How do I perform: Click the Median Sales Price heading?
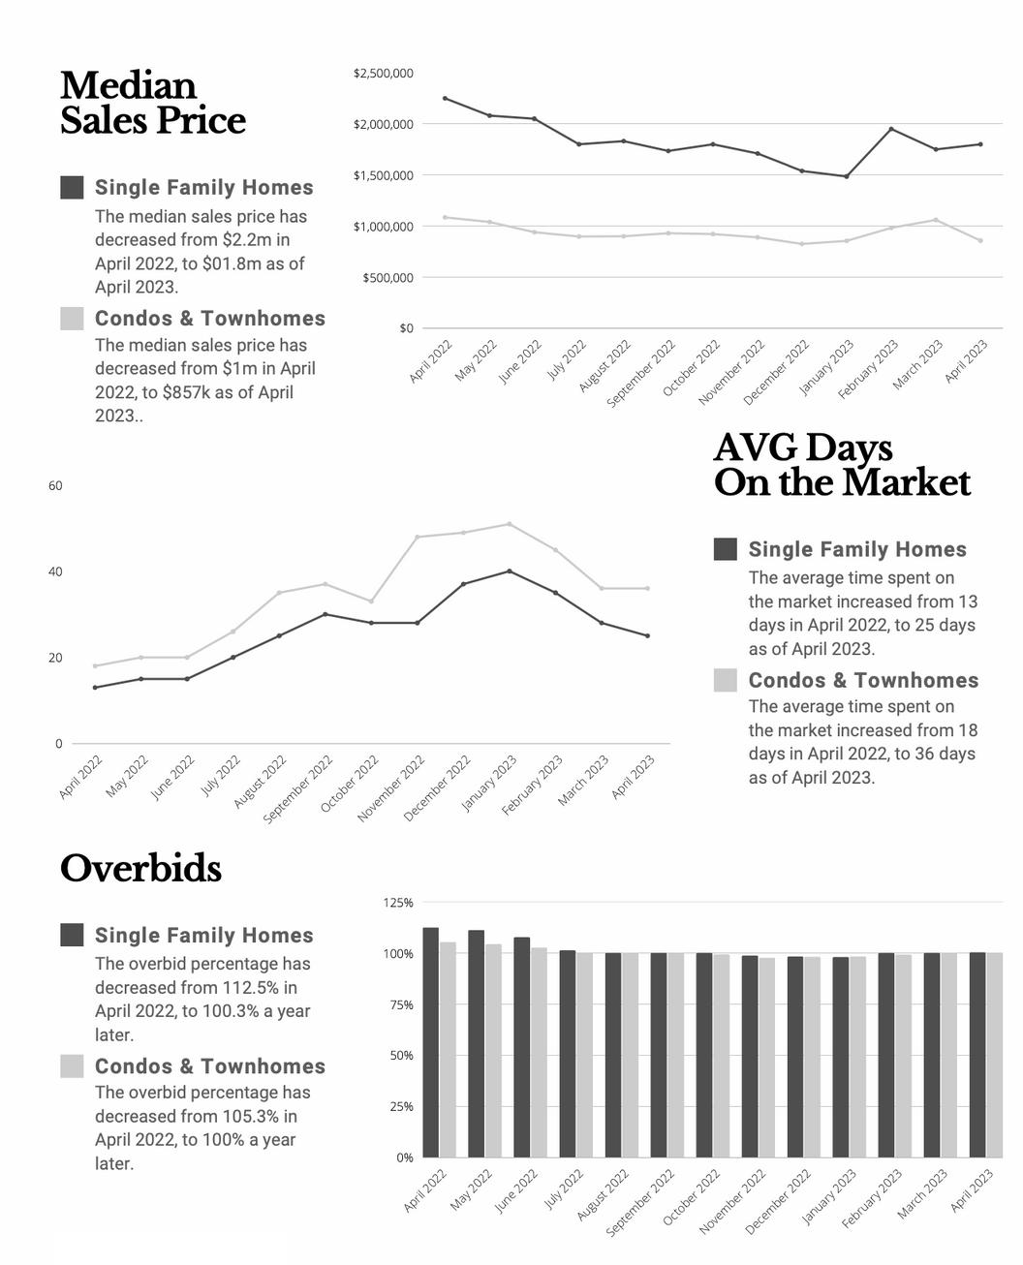point(152,103)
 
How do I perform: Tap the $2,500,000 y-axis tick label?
point(384,74)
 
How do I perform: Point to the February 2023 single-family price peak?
point(891,129)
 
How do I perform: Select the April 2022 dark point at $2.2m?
point(445,98)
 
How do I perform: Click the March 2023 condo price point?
point(936,220)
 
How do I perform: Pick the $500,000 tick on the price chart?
point(387,278)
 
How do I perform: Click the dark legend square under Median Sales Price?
point(72,187)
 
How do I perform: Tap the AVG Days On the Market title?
point(841,465)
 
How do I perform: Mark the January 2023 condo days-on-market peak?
point(510,524)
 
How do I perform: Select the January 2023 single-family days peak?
point(510,571)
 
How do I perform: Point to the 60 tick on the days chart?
point(55,486)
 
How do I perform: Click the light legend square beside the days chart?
point(725,680)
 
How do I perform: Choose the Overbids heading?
point(140,869)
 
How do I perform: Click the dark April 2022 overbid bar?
point(430,1041)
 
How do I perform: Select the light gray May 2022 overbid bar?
point(493,1050)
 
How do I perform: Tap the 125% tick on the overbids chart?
point(398,903)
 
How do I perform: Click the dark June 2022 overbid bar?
point(521,1046)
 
